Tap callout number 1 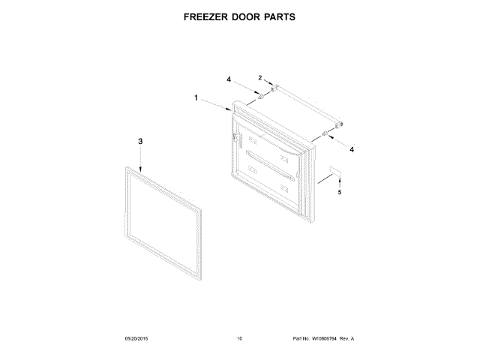click(x=196, y=97)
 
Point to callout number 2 click(x=260, y=78)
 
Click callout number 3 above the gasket click(x=139, y=141)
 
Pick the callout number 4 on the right click(x=352, y=148)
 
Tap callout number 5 click(x=338, y=193)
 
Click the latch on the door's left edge click(x=235, y=138)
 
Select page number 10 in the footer click(x=239, y=338)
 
